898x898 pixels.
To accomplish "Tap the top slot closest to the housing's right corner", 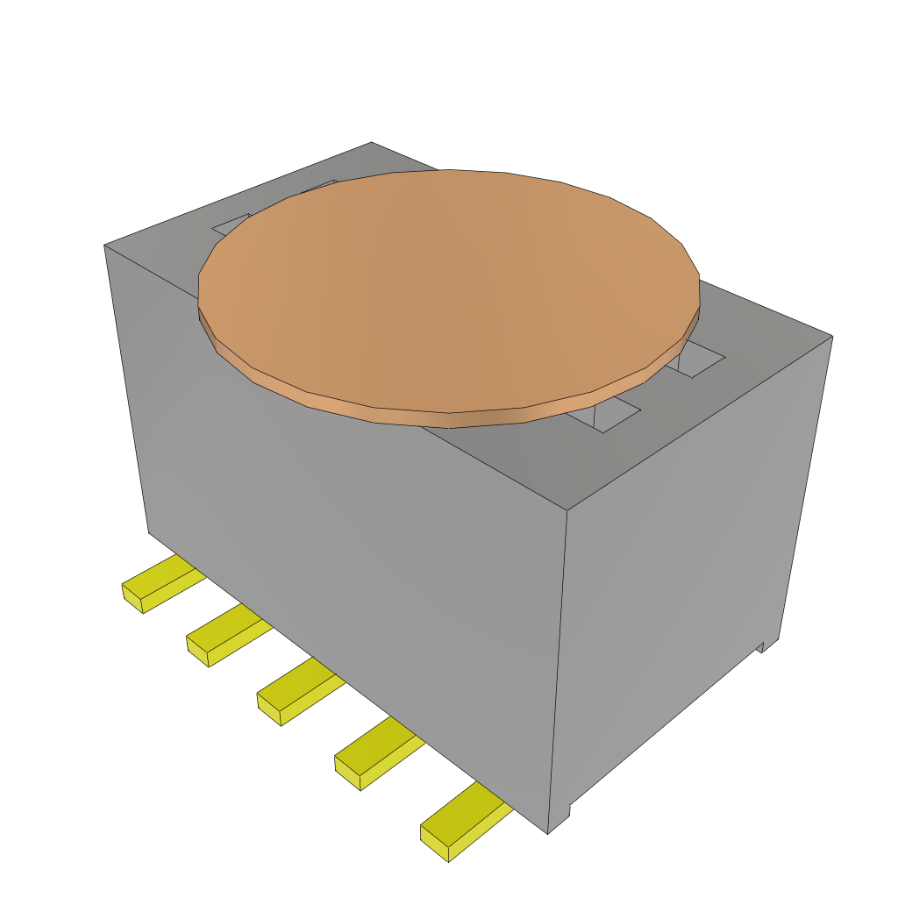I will tap(702, 360).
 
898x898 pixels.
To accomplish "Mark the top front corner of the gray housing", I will tap(567, 510).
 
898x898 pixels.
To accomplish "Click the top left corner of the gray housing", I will tap(104, 245).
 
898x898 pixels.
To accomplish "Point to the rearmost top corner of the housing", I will tap(371, 142).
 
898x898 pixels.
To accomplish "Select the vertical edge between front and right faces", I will tap(559, 666).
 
